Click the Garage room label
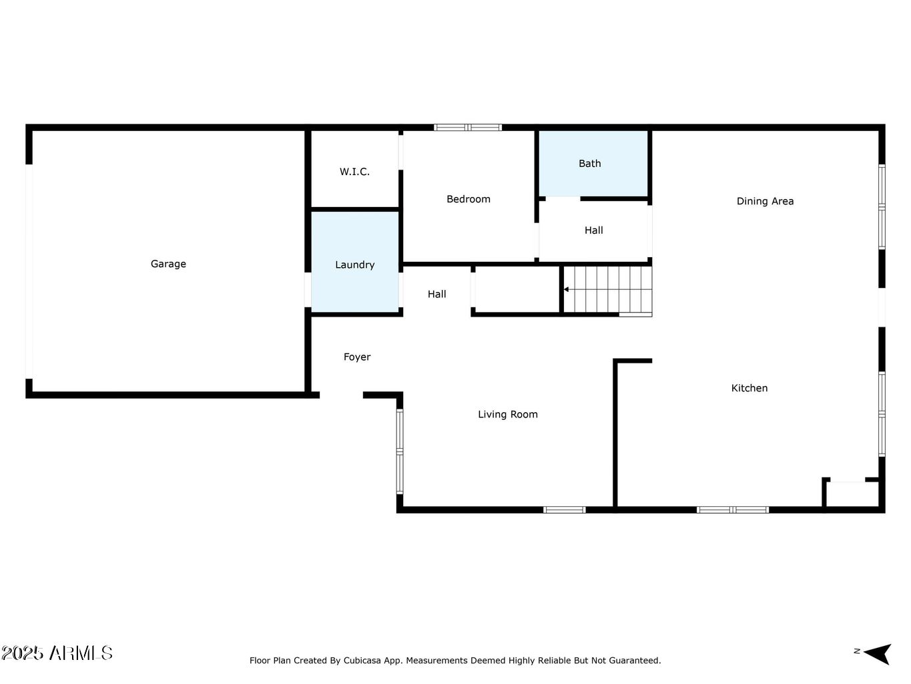click(x=168, y=264)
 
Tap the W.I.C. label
click(x=354, y=172)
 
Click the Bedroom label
click(x=468, y=199)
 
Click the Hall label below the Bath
click(x=593, y=230)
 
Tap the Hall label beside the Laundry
click(x=436, y=294)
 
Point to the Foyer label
click(x=356, y=357)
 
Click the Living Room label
click(x=507, y=414)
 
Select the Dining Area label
click(x=765, y=201)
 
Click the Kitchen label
click(x=749, y=388)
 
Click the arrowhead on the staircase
click(x=567, y=289)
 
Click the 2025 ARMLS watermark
click(x=57, y=653)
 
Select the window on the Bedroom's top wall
click(x=467, y=127)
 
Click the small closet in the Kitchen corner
click(x=852, y=494)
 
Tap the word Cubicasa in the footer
click(x=362, y=661)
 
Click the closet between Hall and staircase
click(x=517, y=289)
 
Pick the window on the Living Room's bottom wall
click(x=564, y=510)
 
